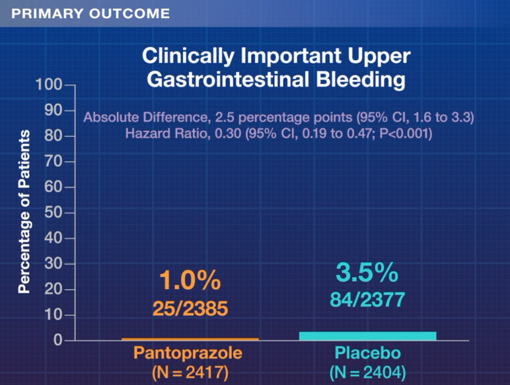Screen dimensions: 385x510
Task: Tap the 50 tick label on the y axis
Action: coord(53,213)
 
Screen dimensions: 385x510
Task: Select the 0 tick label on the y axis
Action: coord(57,341)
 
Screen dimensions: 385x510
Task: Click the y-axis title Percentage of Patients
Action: coord(24,212)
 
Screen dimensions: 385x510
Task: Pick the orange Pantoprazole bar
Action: coord(190,339)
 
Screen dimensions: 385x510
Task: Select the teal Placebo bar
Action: coord(367,336)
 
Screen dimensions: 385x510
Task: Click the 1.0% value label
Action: coord(190,281)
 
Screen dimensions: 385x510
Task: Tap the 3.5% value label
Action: coord(367,273)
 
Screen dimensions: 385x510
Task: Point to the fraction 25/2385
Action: coord(190,308)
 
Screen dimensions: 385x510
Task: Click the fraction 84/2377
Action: coord(367,299)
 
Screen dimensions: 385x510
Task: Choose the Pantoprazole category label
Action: coord(188,353)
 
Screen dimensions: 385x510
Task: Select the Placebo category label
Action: coord(368,353)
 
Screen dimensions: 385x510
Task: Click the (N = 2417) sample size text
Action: coord(189,372)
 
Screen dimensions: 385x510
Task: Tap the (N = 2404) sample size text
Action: coord(368,372)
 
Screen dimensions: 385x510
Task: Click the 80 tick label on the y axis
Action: coord(53,136)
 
